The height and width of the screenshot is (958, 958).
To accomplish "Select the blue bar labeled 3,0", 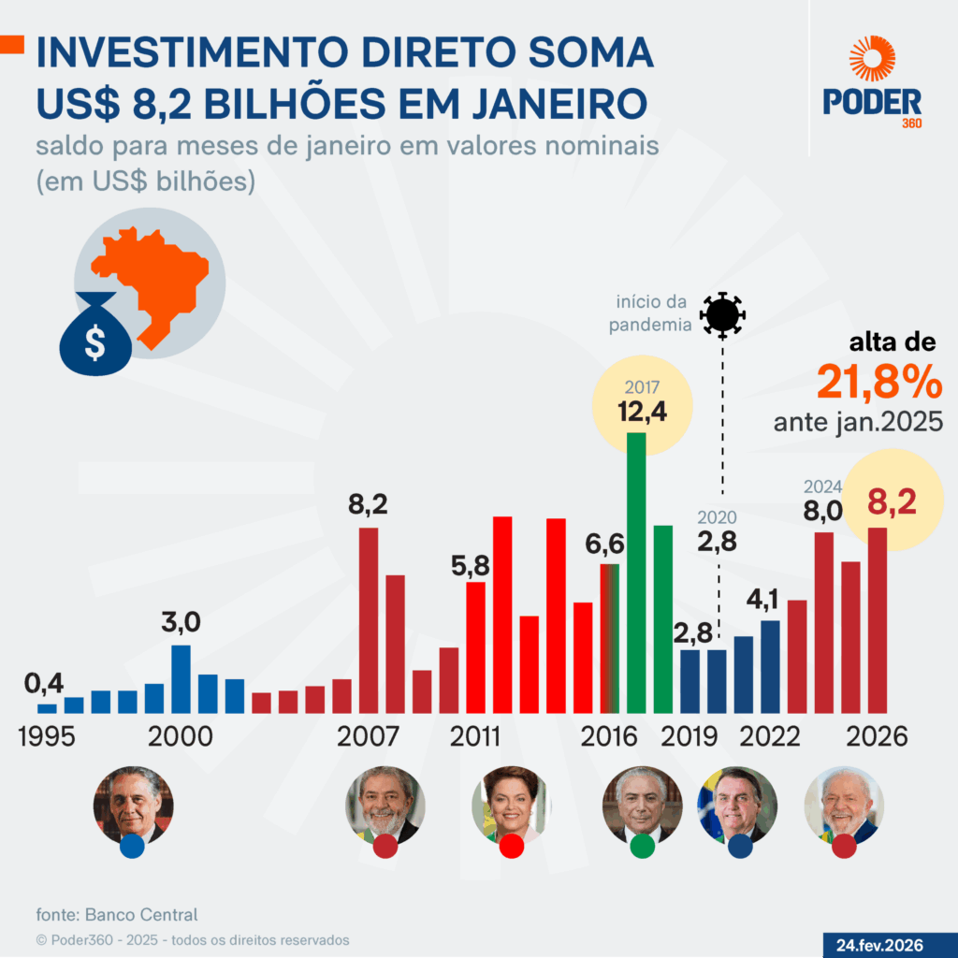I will click(181, 678).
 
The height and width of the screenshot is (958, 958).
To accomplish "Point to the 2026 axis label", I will click(877, 736).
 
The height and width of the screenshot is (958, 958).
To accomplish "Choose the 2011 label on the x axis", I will click(475, 736).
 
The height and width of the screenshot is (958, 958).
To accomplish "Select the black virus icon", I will click(723, 314).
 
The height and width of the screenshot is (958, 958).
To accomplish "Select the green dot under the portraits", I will click(643, 847).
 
